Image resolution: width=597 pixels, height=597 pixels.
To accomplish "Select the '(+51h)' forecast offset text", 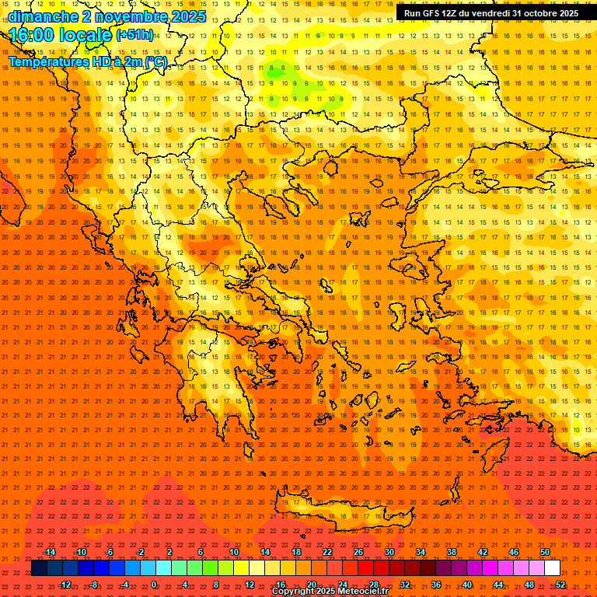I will point(134,35).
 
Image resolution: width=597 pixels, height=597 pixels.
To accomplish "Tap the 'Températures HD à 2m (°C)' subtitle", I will point(87,61).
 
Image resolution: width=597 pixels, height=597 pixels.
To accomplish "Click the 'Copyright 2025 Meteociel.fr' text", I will point(330,592).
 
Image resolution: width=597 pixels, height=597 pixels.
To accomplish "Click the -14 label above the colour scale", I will point(49,552).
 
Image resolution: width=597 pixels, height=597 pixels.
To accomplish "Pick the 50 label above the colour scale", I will point(545,552).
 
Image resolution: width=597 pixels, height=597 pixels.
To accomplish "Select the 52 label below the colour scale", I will point(560,584).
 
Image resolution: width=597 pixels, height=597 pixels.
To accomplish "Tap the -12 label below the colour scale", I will point(65,584).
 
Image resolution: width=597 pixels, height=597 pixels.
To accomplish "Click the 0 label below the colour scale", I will point(154,584).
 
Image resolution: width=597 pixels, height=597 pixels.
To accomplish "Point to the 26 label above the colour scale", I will point(358,552).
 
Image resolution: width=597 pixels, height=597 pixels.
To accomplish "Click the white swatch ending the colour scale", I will point(552,568).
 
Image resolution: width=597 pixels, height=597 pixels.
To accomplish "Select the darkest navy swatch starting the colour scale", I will point(39,568).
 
